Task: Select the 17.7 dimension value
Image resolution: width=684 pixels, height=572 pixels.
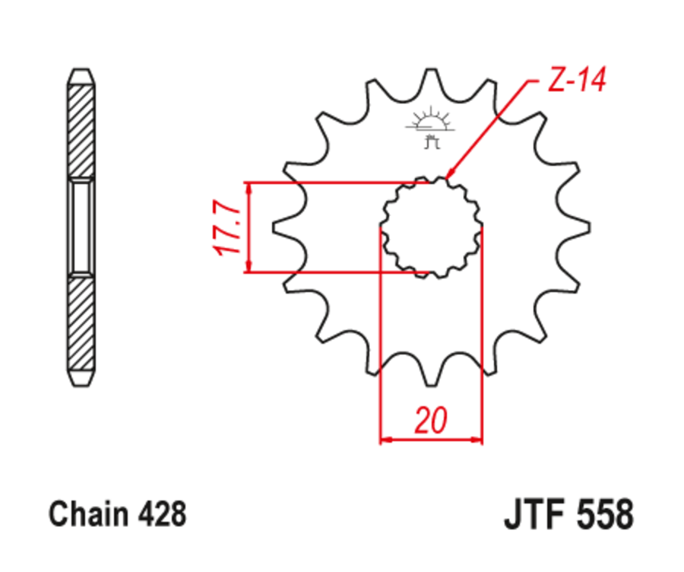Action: tap(229, 227)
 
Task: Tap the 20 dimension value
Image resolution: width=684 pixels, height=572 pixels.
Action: tap(431, 421)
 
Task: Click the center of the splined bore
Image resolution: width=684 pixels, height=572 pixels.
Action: tap(431, 227)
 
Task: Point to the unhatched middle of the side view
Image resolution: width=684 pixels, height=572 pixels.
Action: tap(81, 227)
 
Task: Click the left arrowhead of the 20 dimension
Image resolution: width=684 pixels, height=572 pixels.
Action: tap(385, 439)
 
